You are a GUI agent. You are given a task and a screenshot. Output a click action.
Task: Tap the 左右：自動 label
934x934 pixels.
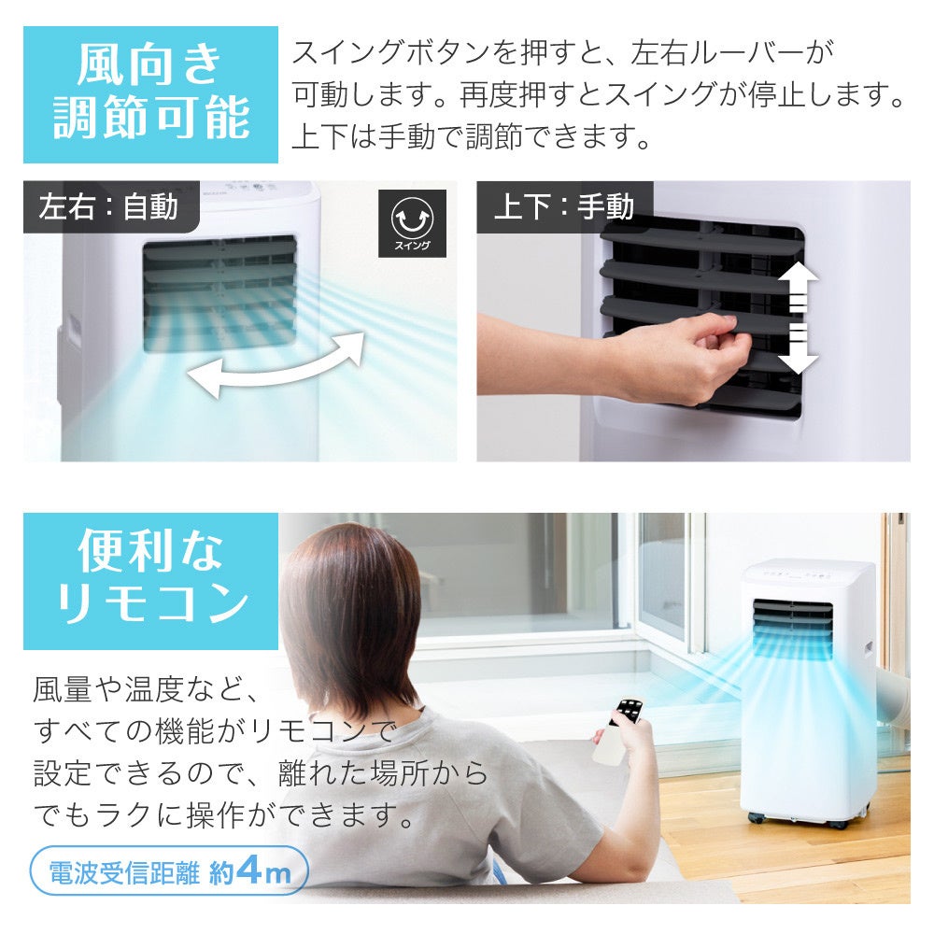[x=108, y=206]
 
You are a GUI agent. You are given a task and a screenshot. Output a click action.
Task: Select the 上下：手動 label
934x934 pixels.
[x=563, y=206]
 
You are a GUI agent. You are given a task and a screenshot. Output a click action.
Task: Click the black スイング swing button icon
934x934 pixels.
[x=412, y=223]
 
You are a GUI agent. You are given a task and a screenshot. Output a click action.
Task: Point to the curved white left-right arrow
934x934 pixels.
[x=276, y=366]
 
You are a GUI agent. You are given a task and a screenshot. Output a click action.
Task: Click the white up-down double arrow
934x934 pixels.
[x=799, y=318]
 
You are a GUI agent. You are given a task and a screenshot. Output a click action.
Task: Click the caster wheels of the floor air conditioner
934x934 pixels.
[x=803, y=820]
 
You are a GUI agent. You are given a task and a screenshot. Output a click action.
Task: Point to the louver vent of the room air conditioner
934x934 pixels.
[x=792, y=629]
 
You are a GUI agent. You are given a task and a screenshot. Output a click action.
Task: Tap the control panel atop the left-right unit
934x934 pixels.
[x=256, y=190]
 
